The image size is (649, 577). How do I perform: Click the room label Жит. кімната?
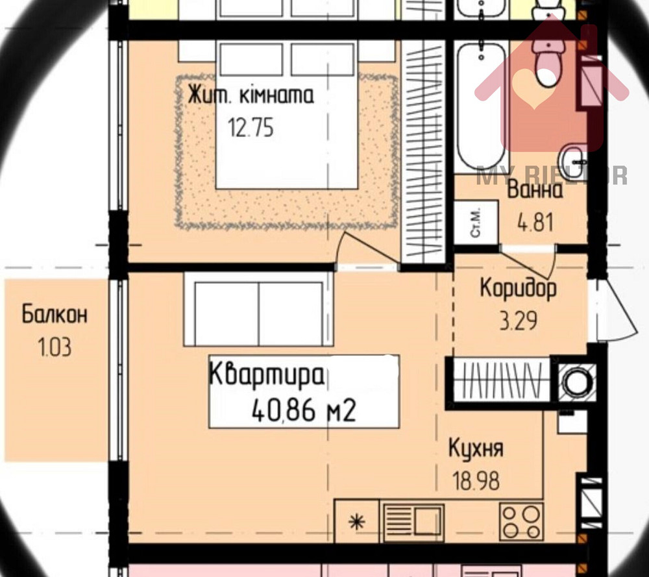[x=251, y=96]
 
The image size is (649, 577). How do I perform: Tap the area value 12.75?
[x=251, y=128]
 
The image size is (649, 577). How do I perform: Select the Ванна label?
[x=535, y=191]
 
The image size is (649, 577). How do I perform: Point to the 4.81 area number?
[x=535, y=223]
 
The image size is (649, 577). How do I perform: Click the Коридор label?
[x=518, y=288]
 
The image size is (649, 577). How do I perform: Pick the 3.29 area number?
[x=518, y=321]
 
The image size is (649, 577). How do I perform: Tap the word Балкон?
[x=55, y=315]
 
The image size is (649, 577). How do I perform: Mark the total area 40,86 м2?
[x=304, y=410]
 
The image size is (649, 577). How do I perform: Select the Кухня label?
[x=476, y=448]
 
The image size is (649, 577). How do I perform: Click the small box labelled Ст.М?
[x=476, y=223]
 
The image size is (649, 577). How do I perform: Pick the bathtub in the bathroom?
[x=480, y=104]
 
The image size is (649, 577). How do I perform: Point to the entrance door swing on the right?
[x=614, y=310]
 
